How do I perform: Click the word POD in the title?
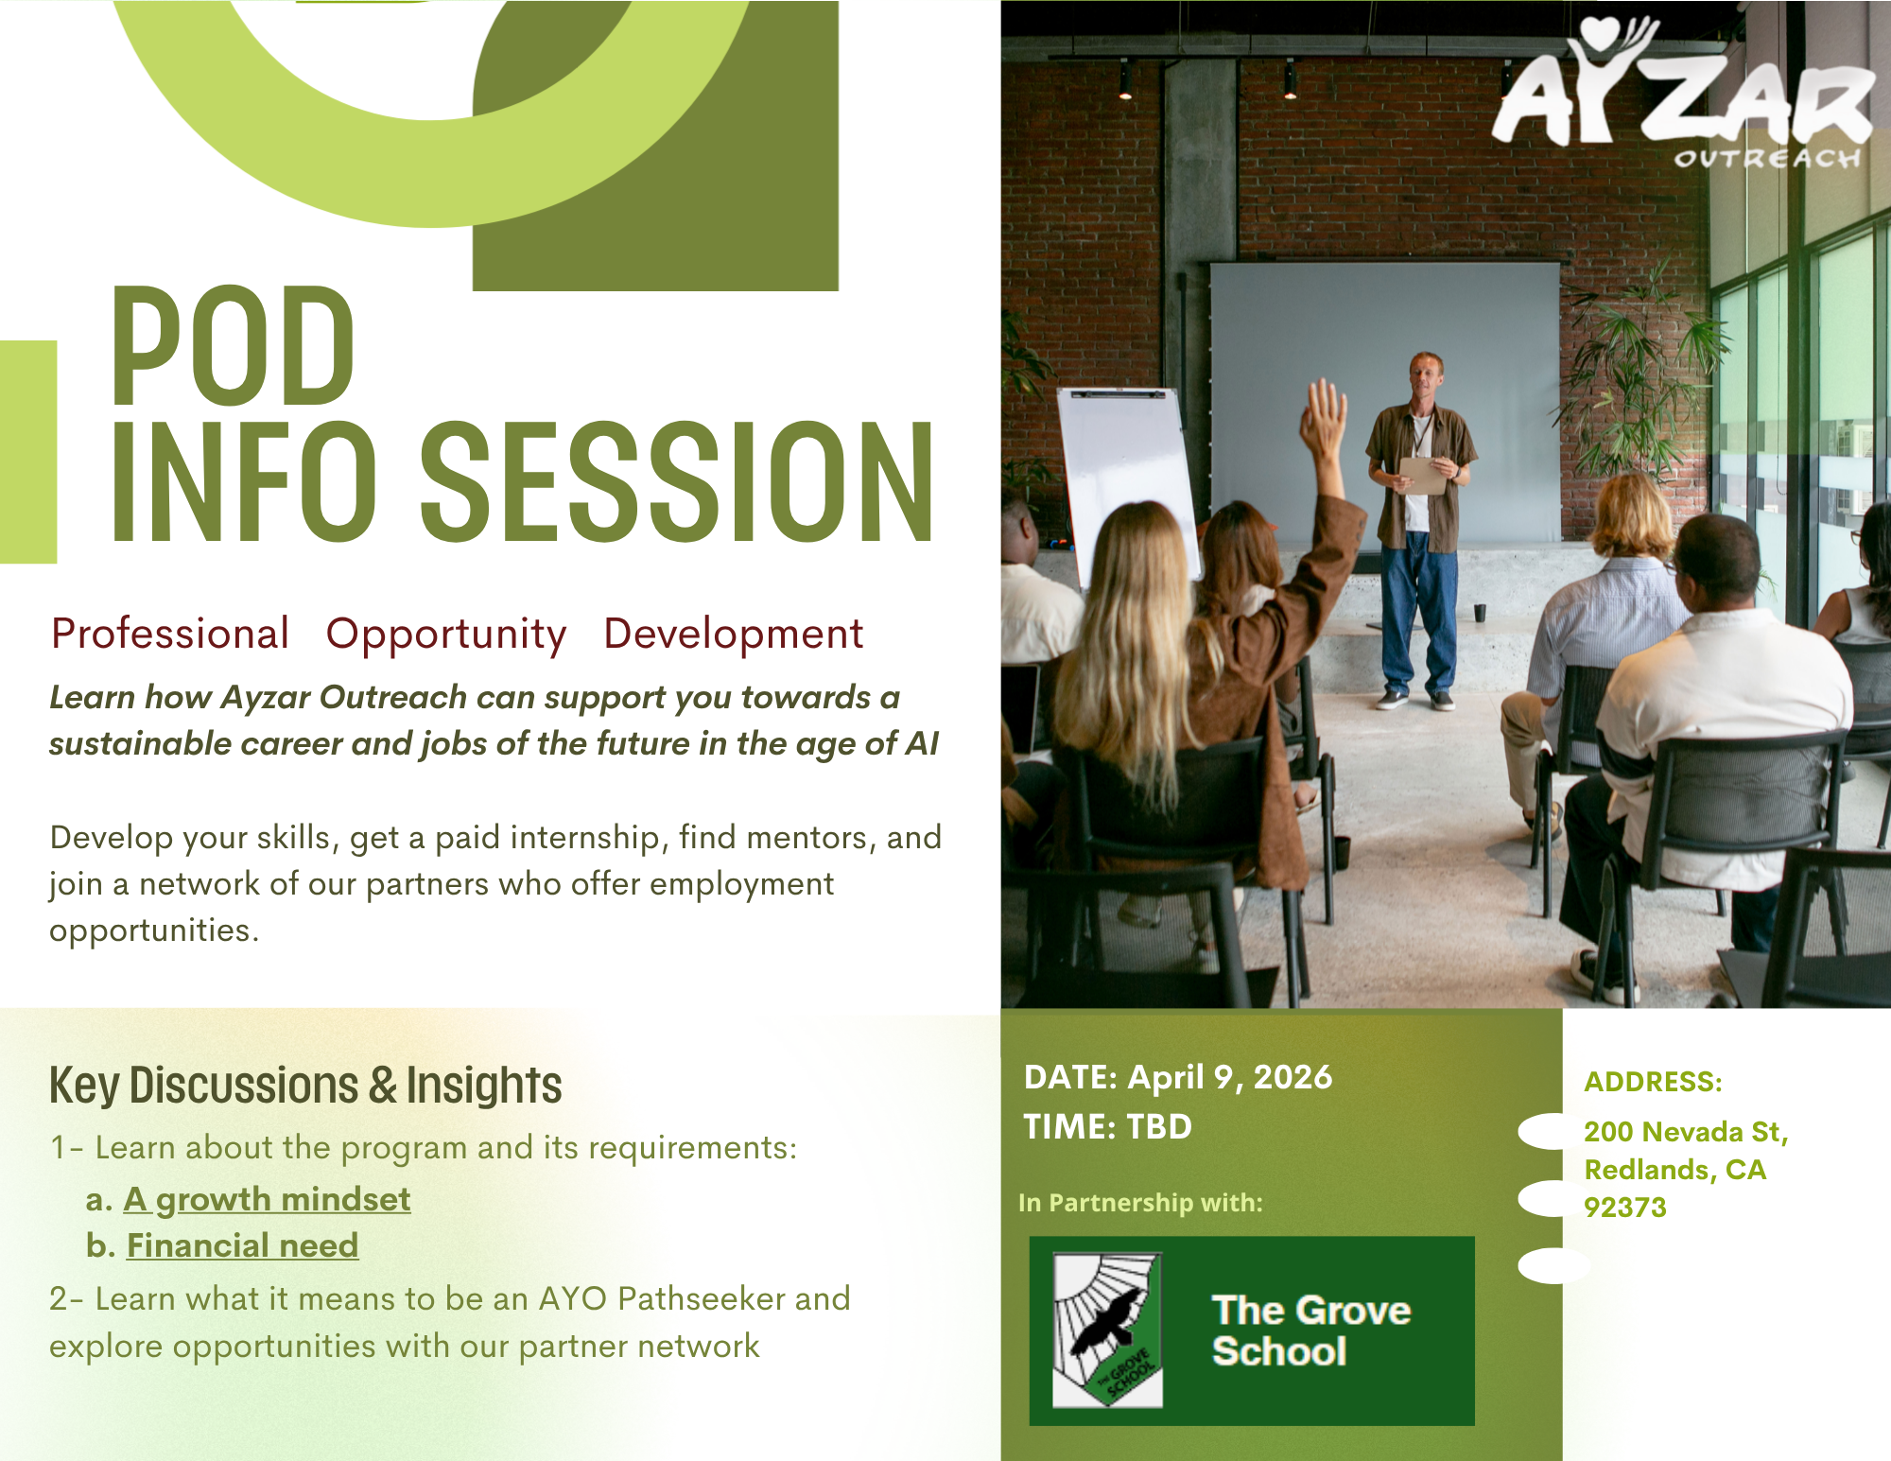coord(233,346)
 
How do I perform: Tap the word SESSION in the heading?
coord(677,482)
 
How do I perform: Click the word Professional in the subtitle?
coord(170,634)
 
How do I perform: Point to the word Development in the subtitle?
coord(734,634)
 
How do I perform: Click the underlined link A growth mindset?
coord(268,1200)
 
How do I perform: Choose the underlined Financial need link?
coord(243,1245)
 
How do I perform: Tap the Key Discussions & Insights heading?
coord(305,1085)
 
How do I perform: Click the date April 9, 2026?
coord(1230,1077)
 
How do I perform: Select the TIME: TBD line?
coord(1107,1126)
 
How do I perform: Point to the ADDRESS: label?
coord(1653,1082)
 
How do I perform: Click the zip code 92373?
coord(1625,1208)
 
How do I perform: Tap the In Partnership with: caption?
coord(1140,1203)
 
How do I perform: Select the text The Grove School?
coord(1311,1331)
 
